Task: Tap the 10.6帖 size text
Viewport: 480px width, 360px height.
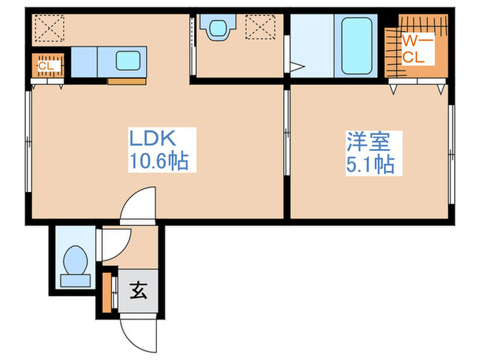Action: [159, 162]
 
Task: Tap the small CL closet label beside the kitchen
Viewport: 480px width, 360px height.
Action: [47, 66]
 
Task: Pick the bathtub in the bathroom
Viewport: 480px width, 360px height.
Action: [357, 45]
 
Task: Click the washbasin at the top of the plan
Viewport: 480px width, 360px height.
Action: [217, 28]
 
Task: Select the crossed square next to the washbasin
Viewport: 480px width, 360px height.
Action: [261, 29]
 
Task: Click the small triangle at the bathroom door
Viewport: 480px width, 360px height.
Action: [296, 67]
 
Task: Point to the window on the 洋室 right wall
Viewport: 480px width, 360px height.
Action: [451, 154]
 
